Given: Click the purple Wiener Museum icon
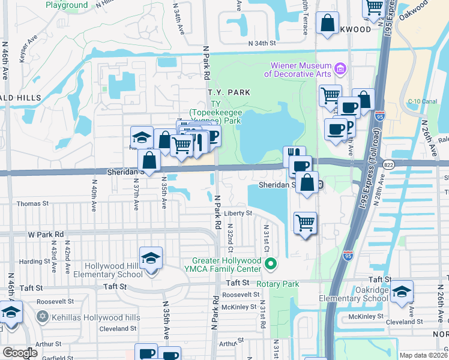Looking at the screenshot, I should click(341, 69).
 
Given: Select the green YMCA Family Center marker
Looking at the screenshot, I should click(271, 263).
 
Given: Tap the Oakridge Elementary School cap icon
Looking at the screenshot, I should click(401, 292).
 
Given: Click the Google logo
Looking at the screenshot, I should click(20, 353).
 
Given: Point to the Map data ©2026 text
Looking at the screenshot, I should click(424, 355).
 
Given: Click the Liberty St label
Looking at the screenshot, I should click(238, 213).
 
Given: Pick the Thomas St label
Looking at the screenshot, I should click(32, 204).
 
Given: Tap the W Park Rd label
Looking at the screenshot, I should click(45, 234).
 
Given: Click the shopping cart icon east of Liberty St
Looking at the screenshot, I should click(306, 223).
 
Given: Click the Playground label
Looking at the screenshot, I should click(66, 5).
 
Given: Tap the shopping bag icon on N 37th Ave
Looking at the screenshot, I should click(149, 161).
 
